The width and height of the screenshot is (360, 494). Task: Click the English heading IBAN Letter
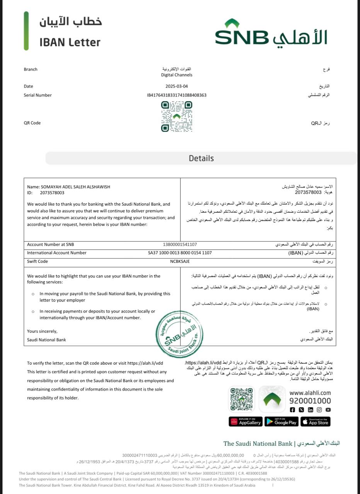click(x=70, y=42)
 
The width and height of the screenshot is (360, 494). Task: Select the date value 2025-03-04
click(x=177, y=86)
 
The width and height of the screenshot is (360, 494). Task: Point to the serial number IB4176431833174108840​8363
click(x=177, y=95)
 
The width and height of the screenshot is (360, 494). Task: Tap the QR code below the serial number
click(x=177, y=116)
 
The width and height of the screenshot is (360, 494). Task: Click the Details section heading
click(x=201, y=158)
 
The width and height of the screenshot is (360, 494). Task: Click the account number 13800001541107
click(x=180, y=244)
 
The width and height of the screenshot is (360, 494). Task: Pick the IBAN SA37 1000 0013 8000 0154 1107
click(x=180, y=253)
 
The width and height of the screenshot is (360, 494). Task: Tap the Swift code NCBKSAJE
click(x=180, y=261)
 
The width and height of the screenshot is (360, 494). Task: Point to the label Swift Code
click(x=37, y=261)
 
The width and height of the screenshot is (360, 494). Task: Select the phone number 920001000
click(x=310, y=401)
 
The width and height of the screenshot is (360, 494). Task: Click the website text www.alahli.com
click(x=310, y=393)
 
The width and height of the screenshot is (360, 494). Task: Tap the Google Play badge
click(x=281, y=422)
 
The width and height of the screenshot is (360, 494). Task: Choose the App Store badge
click(x=316, y=422)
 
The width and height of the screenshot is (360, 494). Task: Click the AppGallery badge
click(x=246, y=422)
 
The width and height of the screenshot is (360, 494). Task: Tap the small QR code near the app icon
click(x=242, y=399)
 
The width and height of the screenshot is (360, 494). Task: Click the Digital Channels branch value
click(x=177, y=75)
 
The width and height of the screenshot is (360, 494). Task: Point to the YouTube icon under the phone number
click(x=328, y=410)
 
